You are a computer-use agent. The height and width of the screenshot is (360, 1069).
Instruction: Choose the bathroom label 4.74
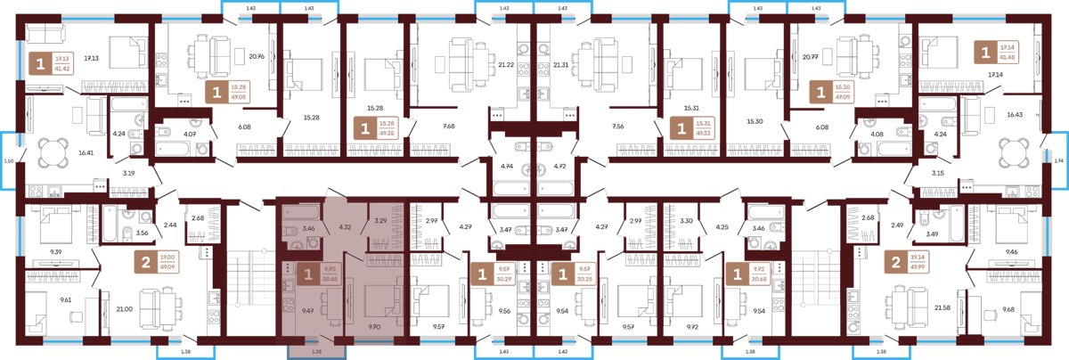[x=507, y=166]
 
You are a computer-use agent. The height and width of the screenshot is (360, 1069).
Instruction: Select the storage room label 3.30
[x=686, y=220]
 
